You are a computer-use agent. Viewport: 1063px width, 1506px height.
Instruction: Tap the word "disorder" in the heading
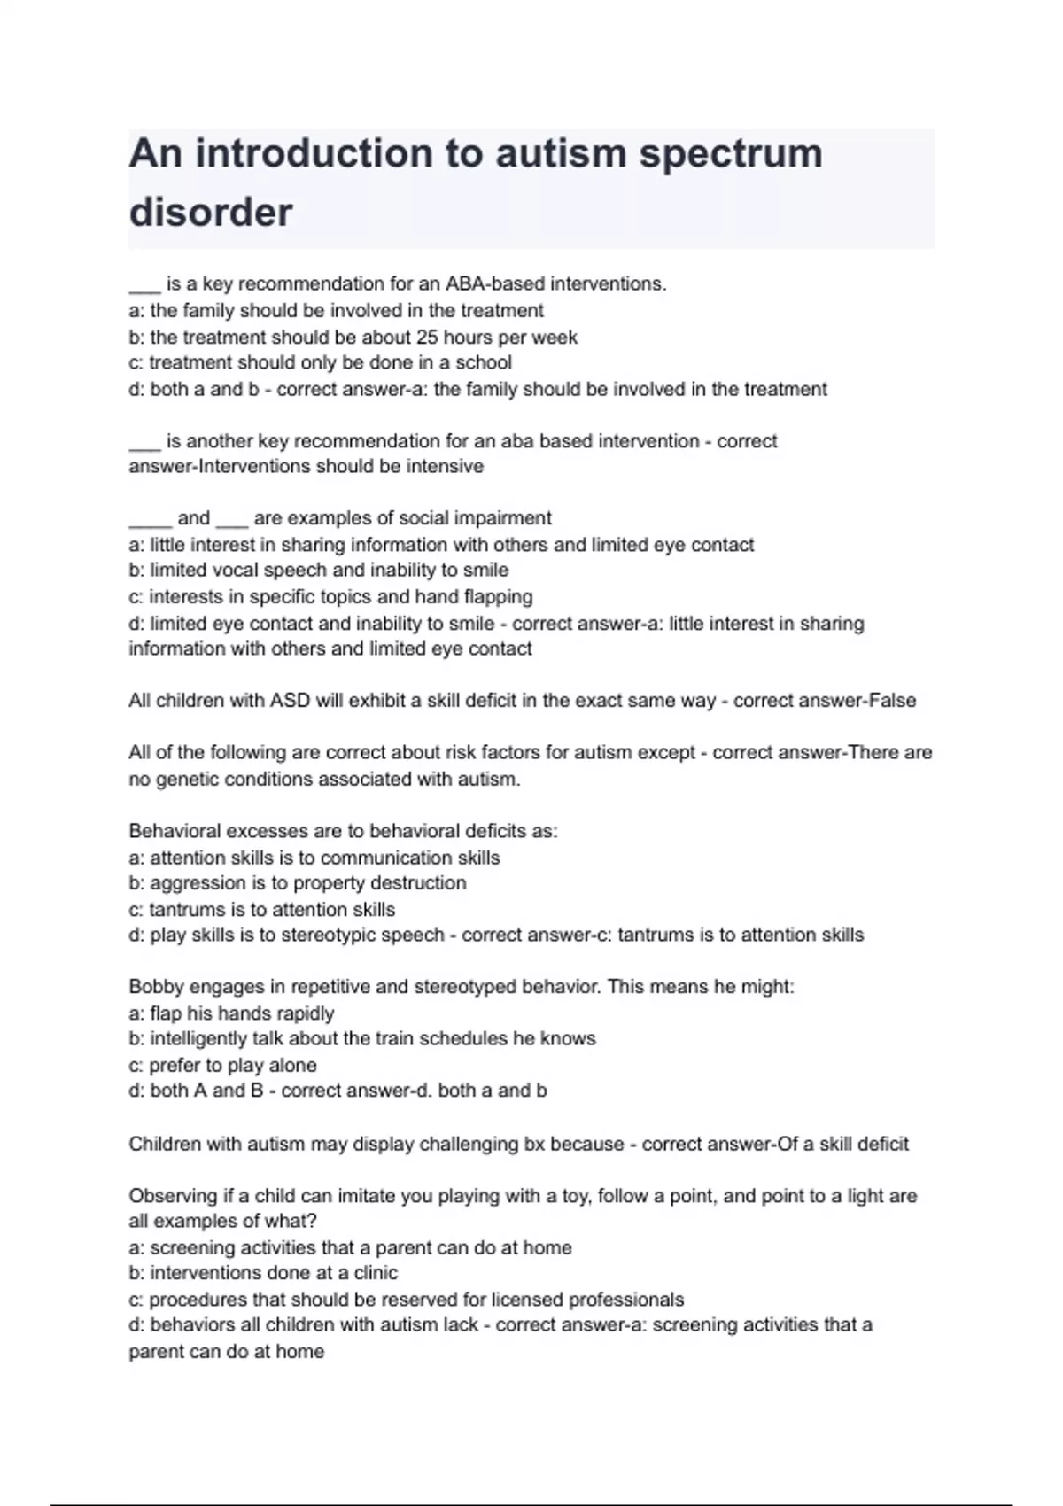pos(211,213)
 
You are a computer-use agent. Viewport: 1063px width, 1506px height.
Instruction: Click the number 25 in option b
pos(426,338)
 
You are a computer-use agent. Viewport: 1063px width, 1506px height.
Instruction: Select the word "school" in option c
pos(484,362)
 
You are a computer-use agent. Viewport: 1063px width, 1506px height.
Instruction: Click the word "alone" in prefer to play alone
pos(292,1065)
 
